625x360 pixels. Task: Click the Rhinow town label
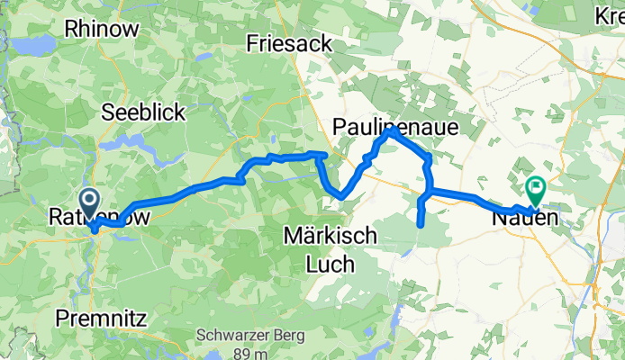pos(102,29)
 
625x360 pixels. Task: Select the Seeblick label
pos(143,112)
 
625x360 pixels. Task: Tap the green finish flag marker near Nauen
pos(536,189)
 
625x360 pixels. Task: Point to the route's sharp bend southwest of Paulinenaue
pos(341,196)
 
